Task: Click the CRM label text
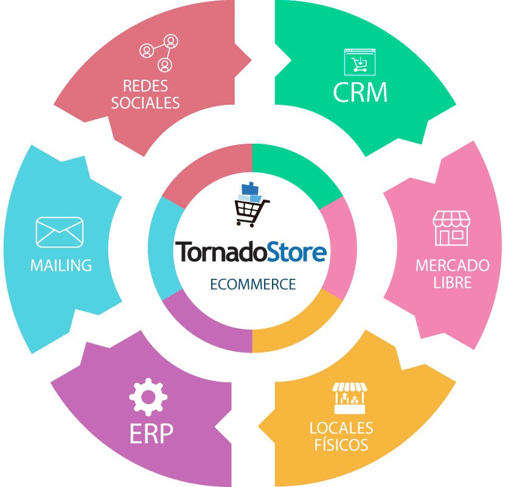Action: tap(360, 92)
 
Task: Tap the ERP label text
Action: tap(151, 433)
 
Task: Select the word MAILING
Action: tap(61, 265)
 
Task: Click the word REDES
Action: tap(145, 86)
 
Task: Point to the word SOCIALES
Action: tap(145, 103)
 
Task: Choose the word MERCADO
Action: tap(453, 265)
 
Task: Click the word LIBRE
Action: tap(453, 282)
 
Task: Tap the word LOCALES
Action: tap(341, 428)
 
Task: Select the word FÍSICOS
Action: tap(341, 444)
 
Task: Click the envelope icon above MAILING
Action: tap(60, 233)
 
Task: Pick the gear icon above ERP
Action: tap(148, 397)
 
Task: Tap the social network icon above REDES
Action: tap(159, 53)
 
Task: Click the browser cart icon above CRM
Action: tap(360, 62)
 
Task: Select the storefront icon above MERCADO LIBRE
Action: tap(451, 228)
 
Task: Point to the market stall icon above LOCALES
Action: tap(350, 398)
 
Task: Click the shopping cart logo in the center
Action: tap(251, 205)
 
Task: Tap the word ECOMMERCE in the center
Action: tap(253, 284)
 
